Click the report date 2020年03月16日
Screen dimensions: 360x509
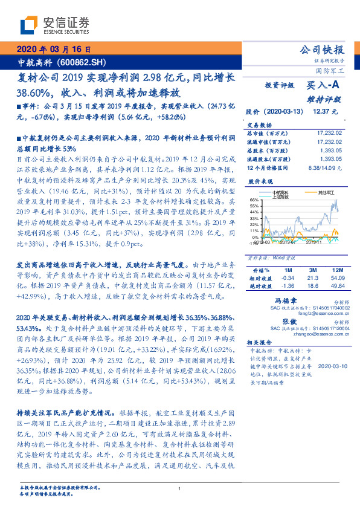click(55, 50)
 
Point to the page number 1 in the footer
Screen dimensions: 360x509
click(180, 490)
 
